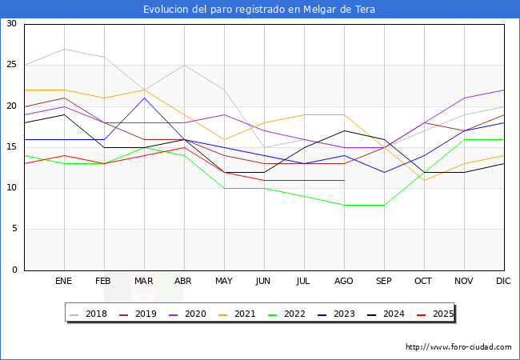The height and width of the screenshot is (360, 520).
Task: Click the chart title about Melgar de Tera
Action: (259, 10)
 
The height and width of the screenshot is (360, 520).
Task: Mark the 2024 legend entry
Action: (392, 314)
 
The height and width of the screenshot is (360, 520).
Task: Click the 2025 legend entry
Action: (441, 314)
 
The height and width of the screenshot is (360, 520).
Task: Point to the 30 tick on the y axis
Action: (11, 24)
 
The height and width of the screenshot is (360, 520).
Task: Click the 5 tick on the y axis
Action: (14, 230)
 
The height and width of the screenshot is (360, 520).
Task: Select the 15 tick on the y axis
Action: (11, 147)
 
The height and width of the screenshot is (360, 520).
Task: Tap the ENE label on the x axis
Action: (64, 282)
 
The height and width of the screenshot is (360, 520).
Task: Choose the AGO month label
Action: (344, 282)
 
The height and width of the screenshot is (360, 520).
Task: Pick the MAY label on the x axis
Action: (224, 282)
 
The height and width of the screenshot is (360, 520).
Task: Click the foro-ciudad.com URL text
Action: (458, 347)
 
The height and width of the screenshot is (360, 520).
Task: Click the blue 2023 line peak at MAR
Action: (144, 98)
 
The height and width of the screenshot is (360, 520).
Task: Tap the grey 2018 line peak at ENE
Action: (64, 49)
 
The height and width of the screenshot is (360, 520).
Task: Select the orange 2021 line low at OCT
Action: (424, 180)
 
